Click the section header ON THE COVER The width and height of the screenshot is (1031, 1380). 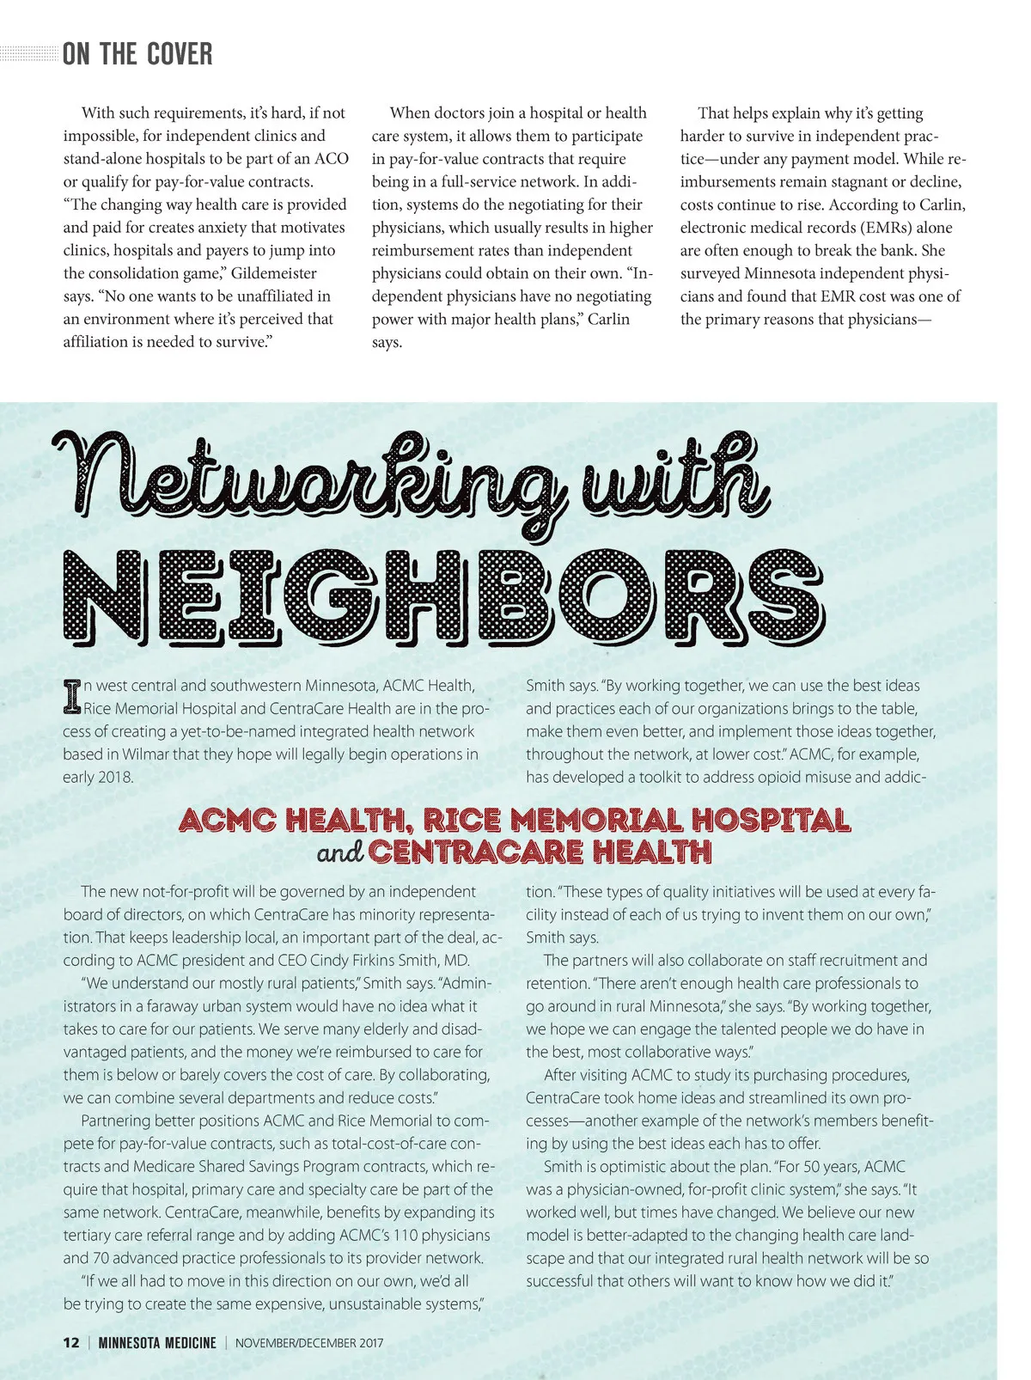pos(137,55)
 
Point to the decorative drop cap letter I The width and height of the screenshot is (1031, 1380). pos(72,697)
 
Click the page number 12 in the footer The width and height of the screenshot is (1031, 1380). pos(71,1343)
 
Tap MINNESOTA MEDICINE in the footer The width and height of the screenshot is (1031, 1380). pos(157,1343)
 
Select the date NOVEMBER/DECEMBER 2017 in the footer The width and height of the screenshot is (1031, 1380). pos(309,1343)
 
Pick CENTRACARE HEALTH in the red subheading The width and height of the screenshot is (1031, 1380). pos(540,852)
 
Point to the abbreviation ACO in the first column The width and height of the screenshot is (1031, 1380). pos(332,159)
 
